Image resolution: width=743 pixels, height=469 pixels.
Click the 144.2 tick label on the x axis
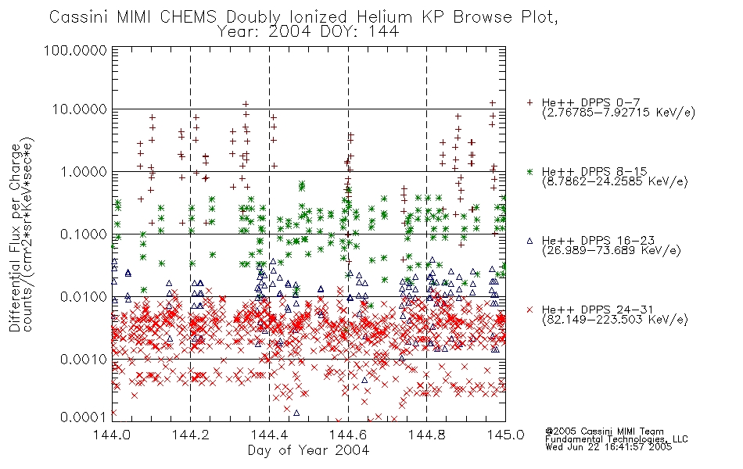pyautogui.click(x=191, y=435)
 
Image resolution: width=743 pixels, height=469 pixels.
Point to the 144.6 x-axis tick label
pyautogui.click(x=348, y=435)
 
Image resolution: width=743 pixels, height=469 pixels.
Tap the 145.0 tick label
pyautogui.click(x=505, y=435)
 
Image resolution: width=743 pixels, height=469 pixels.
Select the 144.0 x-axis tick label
pyautogui.click(x=112, y=435)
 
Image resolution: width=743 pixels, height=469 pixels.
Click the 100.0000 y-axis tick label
pyautogui.click(x=75, y=50)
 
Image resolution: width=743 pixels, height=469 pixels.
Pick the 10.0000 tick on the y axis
pyautogui.click(x=79, y=109)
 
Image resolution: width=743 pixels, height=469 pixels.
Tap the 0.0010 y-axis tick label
pyautogui.click(x=83, y=360)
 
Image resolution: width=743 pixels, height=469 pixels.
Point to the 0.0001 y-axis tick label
pyautogui.click(x=83, y=417)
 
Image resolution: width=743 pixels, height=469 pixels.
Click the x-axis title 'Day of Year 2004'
pyautogui.click(x=308, y=450)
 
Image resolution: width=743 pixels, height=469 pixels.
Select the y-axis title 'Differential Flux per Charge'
pyautogui.click(x=15, y=237)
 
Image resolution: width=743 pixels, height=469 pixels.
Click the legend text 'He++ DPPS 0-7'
pyautogui.click(x=590, y=102)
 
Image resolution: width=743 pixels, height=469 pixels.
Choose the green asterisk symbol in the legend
pyautogui.click(x=529, y=172)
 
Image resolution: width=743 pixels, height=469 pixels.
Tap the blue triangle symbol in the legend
pyautogui.click(x=529, y=241)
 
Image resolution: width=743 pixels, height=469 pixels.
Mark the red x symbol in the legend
pyautogui.click(x=529, y=310)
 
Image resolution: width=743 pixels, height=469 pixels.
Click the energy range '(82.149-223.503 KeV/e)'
pyautogui.click(x=615, y=320)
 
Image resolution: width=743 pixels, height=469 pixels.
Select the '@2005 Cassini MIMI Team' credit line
pyautogui.click(x=604, y=431)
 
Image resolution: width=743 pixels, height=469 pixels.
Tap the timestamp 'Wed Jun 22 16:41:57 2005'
pyautogui.click(x=608, y=447)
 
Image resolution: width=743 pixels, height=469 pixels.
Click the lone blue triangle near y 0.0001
pyautogui.click(x=296, y=413)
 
